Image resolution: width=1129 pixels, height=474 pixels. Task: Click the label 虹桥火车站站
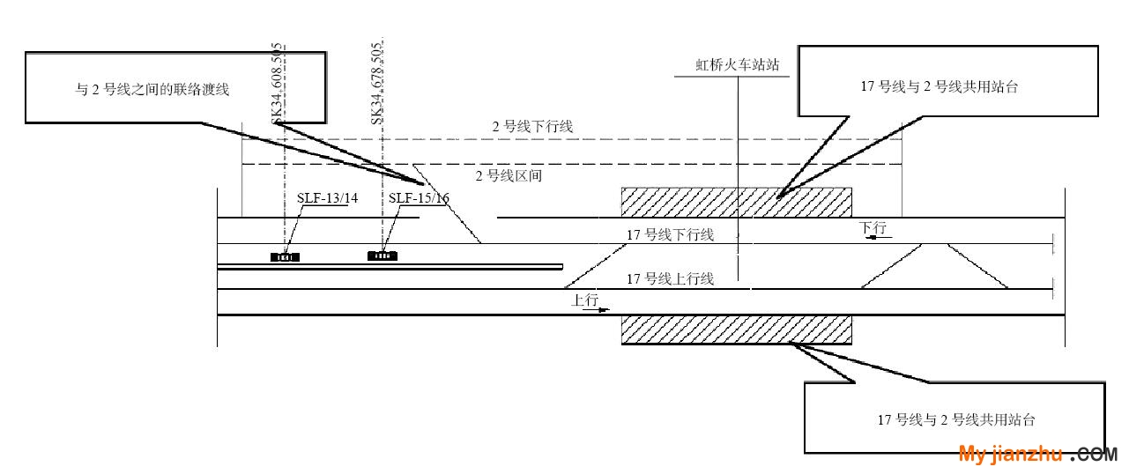738,64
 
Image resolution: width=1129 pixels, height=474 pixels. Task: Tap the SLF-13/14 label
327,198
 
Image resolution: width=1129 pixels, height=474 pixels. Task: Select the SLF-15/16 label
419,198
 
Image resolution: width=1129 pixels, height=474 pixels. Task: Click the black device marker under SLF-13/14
285,257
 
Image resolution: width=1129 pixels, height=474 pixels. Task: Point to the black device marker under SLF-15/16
383,256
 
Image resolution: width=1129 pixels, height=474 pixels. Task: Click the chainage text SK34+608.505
277,84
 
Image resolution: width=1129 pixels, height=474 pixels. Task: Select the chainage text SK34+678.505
377,84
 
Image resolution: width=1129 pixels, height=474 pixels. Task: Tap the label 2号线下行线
532,127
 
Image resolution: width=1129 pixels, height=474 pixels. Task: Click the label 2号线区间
509,176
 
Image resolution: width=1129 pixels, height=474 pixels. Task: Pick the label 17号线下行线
670,234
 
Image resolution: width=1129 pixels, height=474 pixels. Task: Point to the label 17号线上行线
670,279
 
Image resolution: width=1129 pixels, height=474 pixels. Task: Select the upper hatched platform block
737,203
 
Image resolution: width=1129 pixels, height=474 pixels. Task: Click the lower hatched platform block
737,330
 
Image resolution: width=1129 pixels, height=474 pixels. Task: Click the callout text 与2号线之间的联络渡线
152,89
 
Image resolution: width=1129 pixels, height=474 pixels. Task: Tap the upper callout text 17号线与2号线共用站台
939,86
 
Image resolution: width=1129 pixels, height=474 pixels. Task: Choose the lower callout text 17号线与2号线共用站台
956,419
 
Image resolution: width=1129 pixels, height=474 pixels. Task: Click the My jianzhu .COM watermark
1037,454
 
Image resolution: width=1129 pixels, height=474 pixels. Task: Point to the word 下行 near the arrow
873,227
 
